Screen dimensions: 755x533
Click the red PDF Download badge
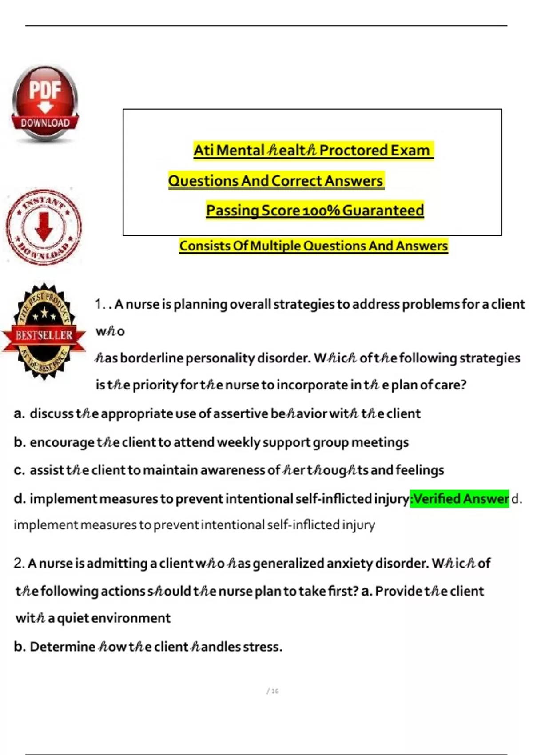click(45, 104)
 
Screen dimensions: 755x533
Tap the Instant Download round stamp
click(44, 226)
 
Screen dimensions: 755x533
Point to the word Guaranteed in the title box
click(383, 210)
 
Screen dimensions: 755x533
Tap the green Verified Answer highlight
click(459, 499)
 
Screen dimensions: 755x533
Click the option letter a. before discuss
click(19, 413)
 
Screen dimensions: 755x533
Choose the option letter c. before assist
click(19, 470)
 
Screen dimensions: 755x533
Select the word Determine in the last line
click(63, 647)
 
